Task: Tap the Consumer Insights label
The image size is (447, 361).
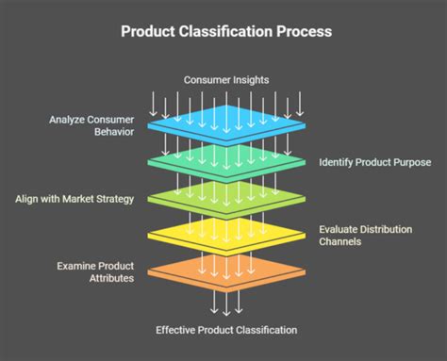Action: (225, 80)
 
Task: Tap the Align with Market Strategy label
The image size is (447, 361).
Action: (74, 199)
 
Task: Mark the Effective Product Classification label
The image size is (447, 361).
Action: (226, 330)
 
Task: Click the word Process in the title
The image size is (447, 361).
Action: (303, 32)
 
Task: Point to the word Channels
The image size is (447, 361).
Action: (341, 242)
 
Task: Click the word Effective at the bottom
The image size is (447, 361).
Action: (175, 330)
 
